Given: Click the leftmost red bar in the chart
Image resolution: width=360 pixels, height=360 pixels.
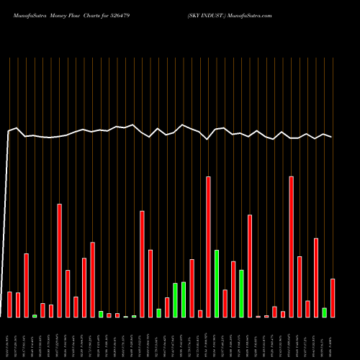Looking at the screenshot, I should click(x=10, y=304).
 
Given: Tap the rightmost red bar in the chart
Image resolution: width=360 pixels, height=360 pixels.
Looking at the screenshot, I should click(x=333, y=297).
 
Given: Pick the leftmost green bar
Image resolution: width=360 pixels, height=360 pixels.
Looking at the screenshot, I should click(x=35, y=315).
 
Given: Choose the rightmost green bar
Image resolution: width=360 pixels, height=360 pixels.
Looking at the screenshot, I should click(x=324, y=312).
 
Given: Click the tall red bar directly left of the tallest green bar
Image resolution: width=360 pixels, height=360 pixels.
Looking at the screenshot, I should click(x=208, y=247).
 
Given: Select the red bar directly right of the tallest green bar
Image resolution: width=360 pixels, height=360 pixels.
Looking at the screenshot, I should click(x=225, y=303).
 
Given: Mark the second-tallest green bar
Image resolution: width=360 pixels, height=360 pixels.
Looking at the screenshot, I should click(x=241, y=293).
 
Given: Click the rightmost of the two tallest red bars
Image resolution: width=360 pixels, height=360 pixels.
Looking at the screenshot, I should click(x=291, y=247).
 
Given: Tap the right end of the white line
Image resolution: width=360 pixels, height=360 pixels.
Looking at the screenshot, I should click(x=331, y=137).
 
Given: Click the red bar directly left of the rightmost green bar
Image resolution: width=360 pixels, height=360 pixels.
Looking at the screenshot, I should click(x=316, y=277).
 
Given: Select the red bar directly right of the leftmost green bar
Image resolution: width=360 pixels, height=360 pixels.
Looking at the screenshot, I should click(x=42, y=310).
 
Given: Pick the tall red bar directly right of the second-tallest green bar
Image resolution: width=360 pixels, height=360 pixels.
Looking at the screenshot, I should click(x=250, y=266).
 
